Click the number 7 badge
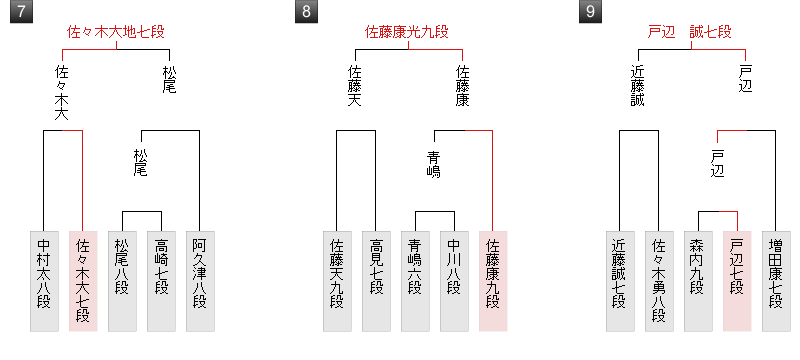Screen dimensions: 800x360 18,13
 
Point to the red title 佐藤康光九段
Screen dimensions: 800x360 406,33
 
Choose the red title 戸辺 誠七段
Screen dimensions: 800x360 690,33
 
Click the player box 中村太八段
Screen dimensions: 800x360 43,280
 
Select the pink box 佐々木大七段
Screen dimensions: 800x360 82,280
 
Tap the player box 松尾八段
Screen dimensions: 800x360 121,280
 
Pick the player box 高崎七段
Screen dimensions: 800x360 160,280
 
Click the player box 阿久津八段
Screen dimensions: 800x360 199,280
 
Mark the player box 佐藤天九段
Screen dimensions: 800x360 337,280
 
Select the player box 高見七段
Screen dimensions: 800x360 376,280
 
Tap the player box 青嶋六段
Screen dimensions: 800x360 415,280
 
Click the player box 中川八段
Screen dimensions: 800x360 454,280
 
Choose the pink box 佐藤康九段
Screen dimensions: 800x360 493,280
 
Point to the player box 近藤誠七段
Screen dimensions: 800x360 620,280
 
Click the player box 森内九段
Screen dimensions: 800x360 698,280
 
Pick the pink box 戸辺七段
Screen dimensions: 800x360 737,280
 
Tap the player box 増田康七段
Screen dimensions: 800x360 776,280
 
